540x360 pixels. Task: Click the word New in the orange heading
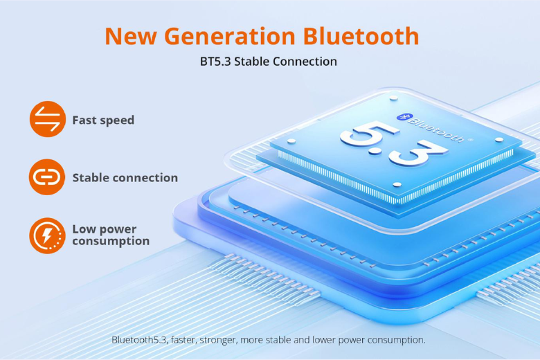click(131, 36)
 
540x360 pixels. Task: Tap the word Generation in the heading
click(230, 36)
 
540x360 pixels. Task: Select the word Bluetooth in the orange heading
click(361, 36)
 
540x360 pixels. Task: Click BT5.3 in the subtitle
click(215, 62)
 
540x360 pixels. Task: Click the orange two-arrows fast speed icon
click(48, 119)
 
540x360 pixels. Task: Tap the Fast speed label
click(103, 120)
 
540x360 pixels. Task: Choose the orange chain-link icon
click(47, 177)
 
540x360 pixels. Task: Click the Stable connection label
click(125, 178)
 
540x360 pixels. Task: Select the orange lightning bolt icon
click(47, 235)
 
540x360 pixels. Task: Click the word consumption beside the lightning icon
click(111, 241)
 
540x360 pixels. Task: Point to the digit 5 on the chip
click(369, 134)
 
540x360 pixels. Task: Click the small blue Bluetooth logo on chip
click(403, 117)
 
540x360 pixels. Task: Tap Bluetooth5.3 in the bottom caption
click(140, 340)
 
